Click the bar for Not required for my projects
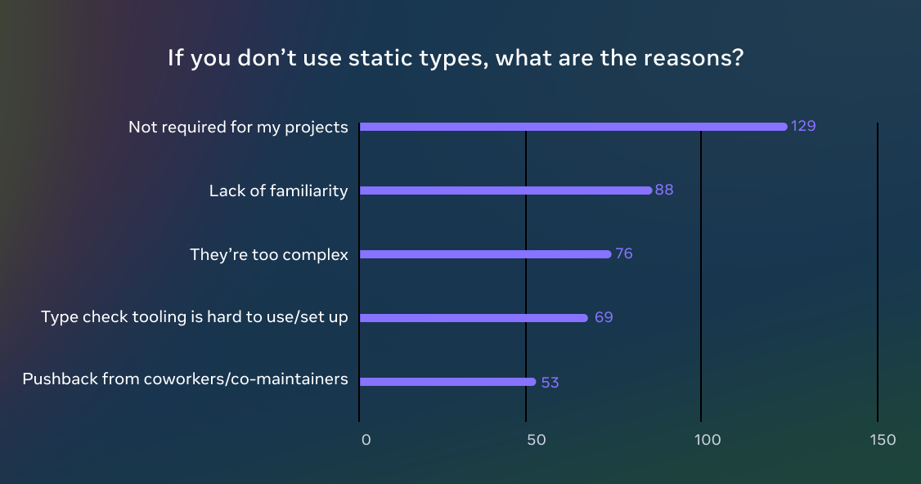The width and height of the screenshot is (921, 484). (573, 127)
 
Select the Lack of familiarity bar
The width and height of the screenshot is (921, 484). (505, 190)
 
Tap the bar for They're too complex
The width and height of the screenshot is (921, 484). (485, 254)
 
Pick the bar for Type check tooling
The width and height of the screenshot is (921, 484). (474, 318)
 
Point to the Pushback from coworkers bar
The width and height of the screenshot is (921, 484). (447, 382)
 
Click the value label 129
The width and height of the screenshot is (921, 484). (803, 127)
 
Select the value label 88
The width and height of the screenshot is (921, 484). (664, 190)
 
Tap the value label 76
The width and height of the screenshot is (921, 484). (624, 254)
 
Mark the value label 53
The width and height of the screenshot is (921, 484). (550, 382)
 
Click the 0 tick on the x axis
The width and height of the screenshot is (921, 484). (366, 440)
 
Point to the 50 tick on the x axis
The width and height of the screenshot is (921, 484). (536, 440)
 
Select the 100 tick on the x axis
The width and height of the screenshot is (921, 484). (708, 440)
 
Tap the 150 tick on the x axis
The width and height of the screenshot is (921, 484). (883, 440)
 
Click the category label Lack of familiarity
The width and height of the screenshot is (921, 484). (278, 191)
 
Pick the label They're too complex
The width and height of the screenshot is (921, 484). (269, 255)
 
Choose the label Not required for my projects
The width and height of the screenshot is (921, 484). (238, 128)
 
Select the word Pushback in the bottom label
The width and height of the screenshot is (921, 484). (58, 379)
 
